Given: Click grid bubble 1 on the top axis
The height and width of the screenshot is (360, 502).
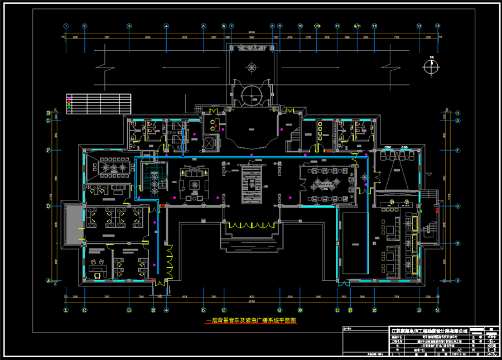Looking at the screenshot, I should (x=66, y=26).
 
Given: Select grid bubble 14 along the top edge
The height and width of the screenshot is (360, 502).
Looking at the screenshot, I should (x=438, y=26).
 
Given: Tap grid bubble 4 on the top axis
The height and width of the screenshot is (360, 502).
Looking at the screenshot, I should (x=166, y=26).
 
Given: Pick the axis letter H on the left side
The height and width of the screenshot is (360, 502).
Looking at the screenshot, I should (x=48, y=113).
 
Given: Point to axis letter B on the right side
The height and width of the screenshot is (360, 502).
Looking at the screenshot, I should (x=457, y=243).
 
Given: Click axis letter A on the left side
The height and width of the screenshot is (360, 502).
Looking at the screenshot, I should (x=48, y=281).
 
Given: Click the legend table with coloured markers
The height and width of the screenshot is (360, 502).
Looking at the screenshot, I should (x=98, y=103).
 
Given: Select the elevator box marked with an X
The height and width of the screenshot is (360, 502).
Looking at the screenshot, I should (x=210, y=141).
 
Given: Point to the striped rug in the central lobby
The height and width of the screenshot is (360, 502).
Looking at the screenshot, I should (x=252, y=186).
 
